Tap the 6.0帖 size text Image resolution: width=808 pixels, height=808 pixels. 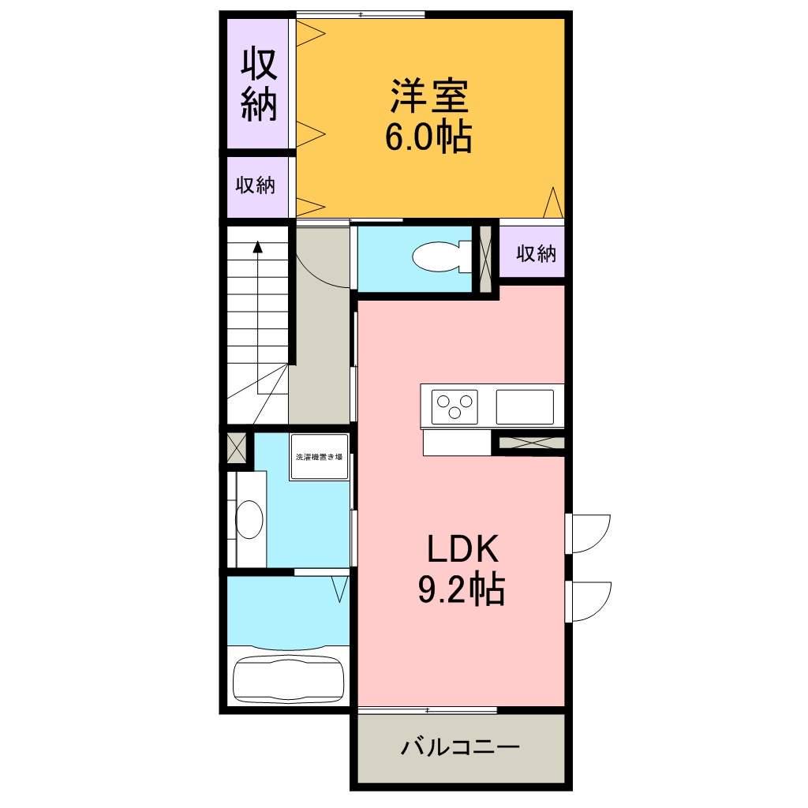[428, 137]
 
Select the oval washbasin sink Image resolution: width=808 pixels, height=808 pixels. [250, 520]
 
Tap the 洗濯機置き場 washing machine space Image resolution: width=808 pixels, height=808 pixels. [319, 457]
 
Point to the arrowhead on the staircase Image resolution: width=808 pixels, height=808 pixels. [258, 245]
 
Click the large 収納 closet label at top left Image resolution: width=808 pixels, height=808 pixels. [259, 84]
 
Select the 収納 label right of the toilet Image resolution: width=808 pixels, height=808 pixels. [537, 253]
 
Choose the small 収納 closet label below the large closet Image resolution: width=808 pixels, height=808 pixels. [255, 186]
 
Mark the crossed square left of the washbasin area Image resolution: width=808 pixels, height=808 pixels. [236, 447]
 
